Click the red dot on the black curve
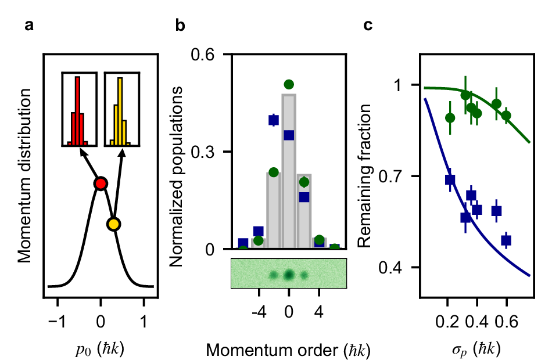click(101, 183)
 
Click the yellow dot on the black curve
click(114, 224)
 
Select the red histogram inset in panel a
click(78, 109)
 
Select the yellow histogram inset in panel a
click(121, 109)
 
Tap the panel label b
click(180, 26)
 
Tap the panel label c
click(368, 26)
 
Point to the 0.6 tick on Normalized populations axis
click(212, 55)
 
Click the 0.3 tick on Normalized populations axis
click(212, 152)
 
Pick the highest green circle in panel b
click(289, 85)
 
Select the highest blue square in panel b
click(273, 120)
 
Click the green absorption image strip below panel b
click(289, 273)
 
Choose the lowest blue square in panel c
click(506, 240)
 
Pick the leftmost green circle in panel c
click(450, 118)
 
